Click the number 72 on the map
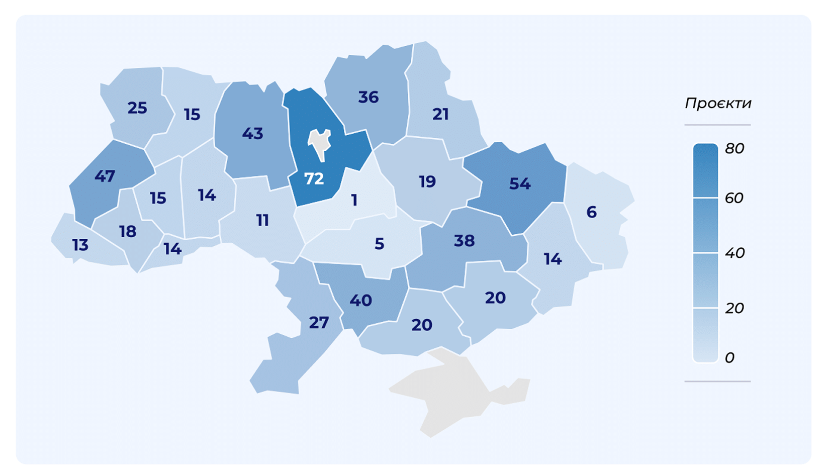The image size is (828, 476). coord(314,178)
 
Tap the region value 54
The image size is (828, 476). coord(520,183)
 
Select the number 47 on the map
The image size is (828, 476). coord(105,176)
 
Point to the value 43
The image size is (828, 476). coord(252,133)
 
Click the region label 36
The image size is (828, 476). coord(368,97)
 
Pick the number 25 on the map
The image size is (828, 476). coord(137,108)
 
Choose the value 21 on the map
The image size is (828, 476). coord(440,114)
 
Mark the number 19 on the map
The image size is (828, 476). coord(427,181)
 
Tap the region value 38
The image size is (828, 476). coord(464,241)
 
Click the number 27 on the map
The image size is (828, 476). coord(319,322)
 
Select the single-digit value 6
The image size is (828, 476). coord(592,212)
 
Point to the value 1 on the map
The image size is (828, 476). coord(354,201)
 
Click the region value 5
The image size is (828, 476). coord(380,244)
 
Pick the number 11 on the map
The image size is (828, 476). coord(262,220)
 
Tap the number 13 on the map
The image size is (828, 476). coord(80,245)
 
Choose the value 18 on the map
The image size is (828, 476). coord(128,231)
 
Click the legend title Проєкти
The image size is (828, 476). coord(718,103)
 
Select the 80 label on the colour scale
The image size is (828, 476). coord(734,148)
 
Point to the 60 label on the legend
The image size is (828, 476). coord(734,198)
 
